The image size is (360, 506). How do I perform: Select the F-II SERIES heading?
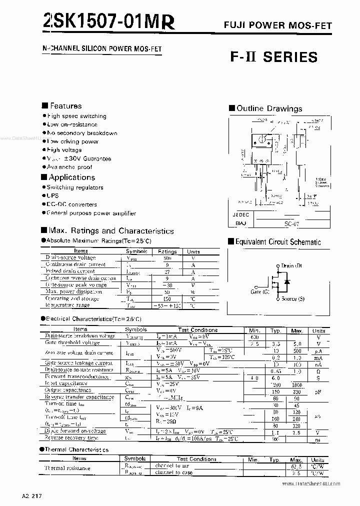click(x=273, y=57)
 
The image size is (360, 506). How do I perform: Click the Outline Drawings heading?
click(x=268, y=108)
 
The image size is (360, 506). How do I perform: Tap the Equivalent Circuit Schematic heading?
click(x=277, y=242)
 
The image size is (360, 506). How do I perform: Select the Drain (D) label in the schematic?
click(x=291, y=266)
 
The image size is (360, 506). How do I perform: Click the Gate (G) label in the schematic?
click(x=260, y=291)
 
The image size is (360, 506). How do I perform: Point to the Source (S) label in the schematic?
click(x=292, y=298)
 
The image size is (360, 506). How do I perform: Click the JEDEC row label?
click(x=241, y=214)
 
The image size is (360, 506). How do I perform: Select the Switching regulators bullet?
click(x=74, y=187)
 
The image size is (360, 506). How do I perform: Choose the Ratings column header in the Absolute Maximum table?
click(x=167, y=251)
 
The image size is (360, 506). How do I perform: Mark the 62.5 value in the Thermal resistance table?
click(x=297, y=466)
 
